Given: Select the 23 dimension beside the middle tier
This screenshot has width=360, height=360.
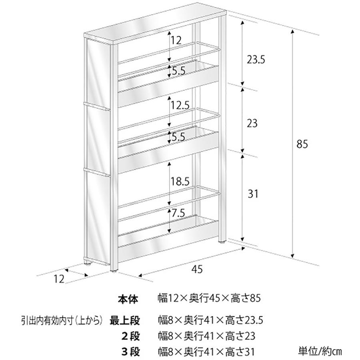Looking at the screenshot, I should (x=252, y=123).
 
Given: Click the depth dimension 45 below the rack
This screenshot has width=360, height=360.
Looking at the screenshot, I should (x=196, y=269).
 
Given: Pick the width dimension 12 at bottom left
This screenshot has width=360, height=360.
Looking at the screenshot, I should (x=59, y=279).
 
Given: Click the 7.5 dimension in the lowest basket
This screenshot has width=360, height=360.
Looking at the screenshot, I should (x=178, y=214).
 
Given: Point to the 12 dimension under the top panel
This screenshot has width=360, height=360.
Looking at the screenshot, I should (x=176, y=40).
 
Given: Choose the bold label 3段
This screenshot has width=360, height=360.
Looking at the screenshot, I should (x=130, y=352).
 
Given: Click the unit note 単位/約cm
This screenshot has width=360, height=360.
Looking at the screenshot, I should (x=320, y=352).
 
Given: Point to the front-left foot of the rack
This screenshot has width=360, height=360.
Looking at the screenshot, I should (x=116, y=270).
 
